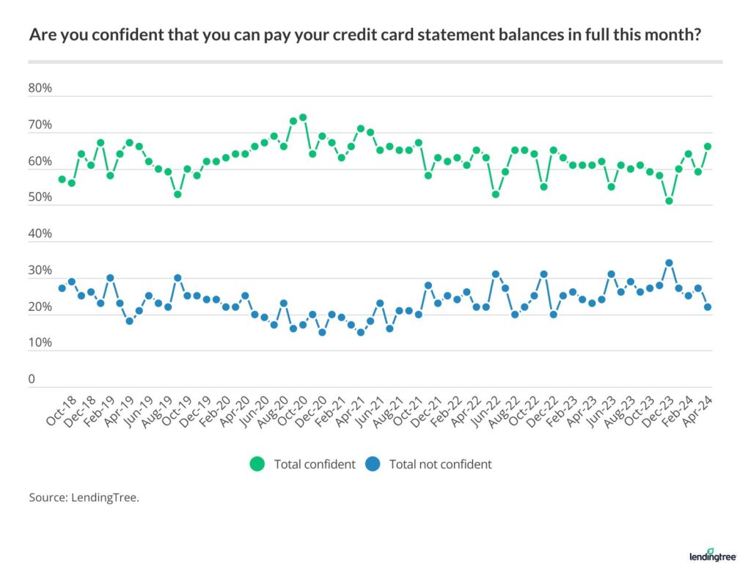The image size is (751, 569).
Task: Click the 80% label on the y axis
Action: pyautogui.click(x=40, y=89)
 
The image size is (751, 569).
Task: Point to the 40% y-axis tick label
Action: pyautogui.click(x=40, y=234)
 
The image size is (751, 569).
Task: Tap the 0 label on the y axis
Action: pyautogui.click(x=32, y=379)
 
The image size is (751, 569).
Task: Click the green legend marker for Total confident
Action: pyautogui.click(x=257, y=464)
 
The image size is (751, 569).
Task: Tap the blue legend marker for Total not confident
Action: pyautogui.click(x=372, y=464)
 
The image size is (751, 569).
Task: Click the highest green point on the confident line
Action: pyautogui.click(x=303, y=117)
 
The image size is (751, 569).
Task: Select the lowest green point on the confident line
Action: pyautogui.click(x=669, y=201)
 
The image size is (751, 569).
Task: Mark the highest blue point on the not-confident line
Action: pyautogui.click(x=669, y=263)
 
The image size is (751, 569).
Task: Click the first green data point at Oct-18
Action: pyautogui.click(x=62, y=179)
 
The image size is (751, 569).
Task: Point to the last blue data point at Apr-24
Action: pyautogui.click(x=708, y=307)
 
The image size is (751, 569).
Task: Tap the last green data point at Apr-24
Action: pyautogui.click(x=708, y=147)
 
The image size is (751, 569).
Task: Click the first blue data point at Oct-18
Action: pyautogui.click(x=62, y=288)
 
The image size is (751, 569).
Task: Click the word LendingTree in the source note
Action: pyautogui.click(x=105, y=497)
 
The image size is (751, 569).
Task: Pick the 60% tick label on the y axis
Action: pyautogui.click(x=40, y=161)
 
